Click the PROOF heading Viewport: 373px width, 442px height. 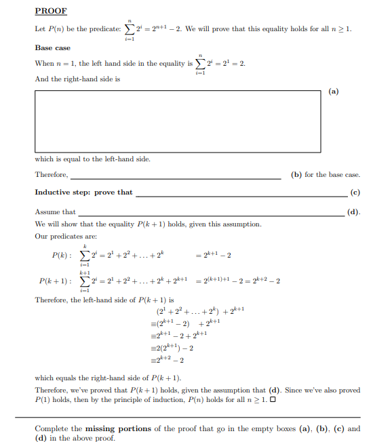point(50,12)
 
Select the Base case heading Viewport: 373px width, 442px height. point(53,48)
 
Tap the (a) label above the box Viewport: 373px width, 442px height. point(333,90)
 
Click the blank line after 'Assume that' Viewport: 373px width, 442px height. point(211,212)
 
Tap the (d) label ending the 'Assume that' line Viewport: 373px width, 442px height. point(354,212)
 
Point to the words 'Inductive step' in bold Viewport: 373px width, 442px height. point(58,193)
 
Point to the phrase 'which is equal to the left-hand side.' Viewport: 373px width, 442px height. point(92,159)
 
